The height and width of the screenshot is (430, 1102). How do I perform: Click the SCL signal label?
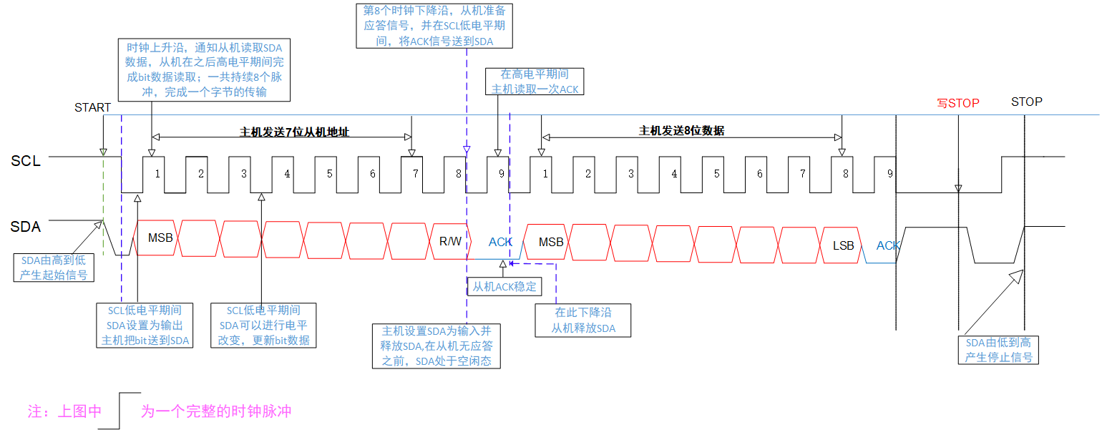26,161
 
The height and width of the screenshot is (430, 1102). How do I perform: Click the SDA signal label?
26,228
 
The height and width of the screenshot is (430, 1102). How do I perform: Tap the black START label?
93,108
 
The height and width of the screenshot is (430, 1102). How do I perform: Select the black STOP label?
1026,102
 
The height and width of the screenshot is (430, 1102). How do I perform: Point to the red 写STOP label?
957,103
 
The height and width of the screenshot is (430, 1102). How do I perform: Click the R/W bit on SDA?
450,241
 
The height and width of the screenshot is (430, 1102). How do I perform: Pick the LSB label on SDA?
843,245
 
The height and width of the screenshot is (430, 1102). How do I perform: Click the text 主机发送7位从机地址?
293,132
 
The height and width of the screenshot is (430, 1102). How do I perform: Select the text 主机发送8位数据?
681,131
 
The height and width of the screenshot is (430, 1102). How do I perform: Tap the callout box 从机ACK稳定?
504,287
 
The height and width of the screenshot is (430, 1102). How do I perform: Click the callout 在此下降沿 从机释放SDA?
584,321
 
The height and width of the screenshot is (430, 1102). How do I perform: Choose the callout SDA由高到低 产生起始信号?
54,267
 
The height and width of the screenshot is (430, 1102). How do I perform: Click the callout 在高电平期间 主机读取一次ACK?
535,82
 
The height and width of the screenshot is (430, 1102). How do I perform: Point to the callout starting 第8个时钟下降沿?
429,25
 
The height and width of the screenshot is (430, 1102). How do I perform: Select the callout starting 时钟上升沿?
205,69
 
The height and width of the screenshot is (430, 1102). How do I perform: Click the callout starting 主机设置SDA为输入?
437,346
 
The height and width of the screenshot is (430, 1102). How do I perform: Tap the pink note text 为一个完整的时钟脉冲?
216,411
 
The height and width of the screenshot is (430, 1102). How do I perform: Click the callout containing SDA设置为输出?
145,326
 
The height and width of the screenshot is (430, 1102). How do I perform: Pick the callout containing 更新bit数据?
263,326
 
